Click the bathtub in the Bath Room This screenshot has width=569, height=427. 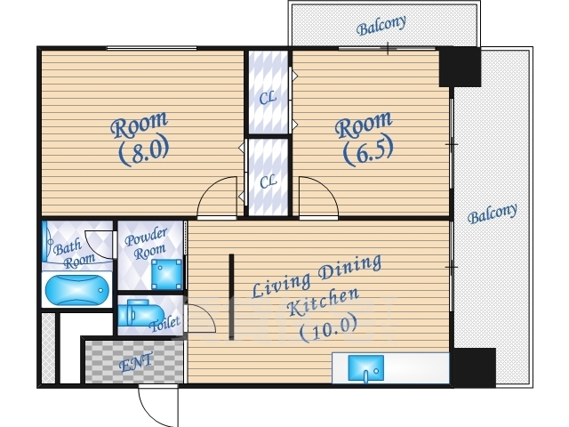pyautogui.click(x=77, y=289)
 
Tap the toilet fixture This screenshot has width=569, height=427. pyautogui.click(x=140, y=313)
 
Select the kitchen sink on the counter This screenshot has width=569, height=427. pyautogui.click(x=365, y=368)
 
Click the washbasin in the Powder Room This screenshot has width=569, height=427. pyautogui.click(x=166, y=274)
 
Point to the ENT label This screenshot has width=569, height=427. pyautogui.click(x=136, y=362)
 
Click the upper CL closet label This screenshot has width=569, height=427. pyautogui.click(x=268, y=98)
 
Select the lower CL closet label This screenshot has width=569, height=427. pyautogui.click(x=268, y=181)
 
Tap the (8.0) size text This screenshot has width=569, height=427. pyautogui.click(x=144, y=150)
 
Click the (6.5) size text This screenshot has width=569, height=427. pyautogui.click(x=368, y=150)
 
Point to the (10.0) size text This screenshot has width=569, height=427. pyautogui.click(x=328, y=328)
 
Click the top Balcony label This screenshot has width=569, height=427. pyautogui.click(x=381, y=26)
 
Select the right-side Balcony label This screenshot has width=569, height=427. pyautogui.click(x=493, y=213)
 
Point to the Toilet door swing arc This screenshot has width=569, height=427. pyautogui.click(x=208, y=312)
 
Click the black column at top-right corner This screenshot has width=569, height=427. pyautogui.click(x=460, y=67)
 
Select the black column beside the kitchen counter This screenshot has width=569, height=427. pyautogui.click(x=475, y=367)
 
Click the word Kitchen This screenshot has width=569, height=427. pyautogui.click(x=323, y=302)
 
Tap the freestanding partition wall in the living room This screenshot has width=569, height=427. pyautogui.click(x=231, y=296)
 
